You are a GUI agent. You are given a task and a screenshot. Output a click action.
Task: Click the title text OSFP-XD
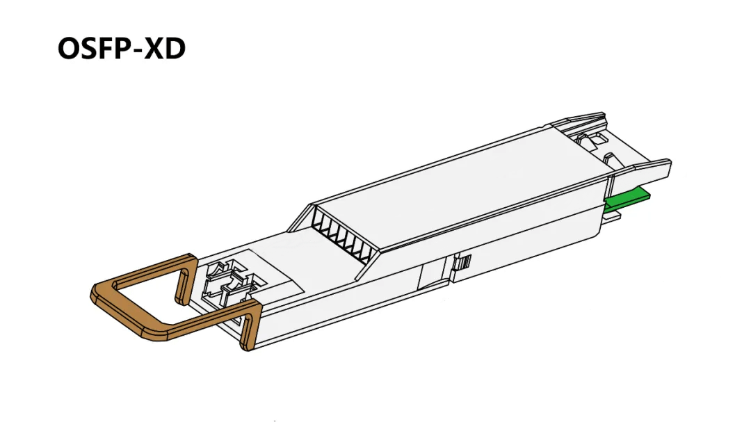coord(121,49)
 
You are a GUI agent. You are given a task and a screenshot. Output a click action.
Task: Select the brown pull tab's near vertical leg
coord(251,326)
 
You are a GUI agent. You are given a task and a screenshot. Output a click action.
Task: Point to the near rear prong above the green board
coord(640,170)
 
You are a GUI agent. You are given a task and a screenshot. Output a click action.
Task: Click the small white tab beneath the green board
coord(611,217)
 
